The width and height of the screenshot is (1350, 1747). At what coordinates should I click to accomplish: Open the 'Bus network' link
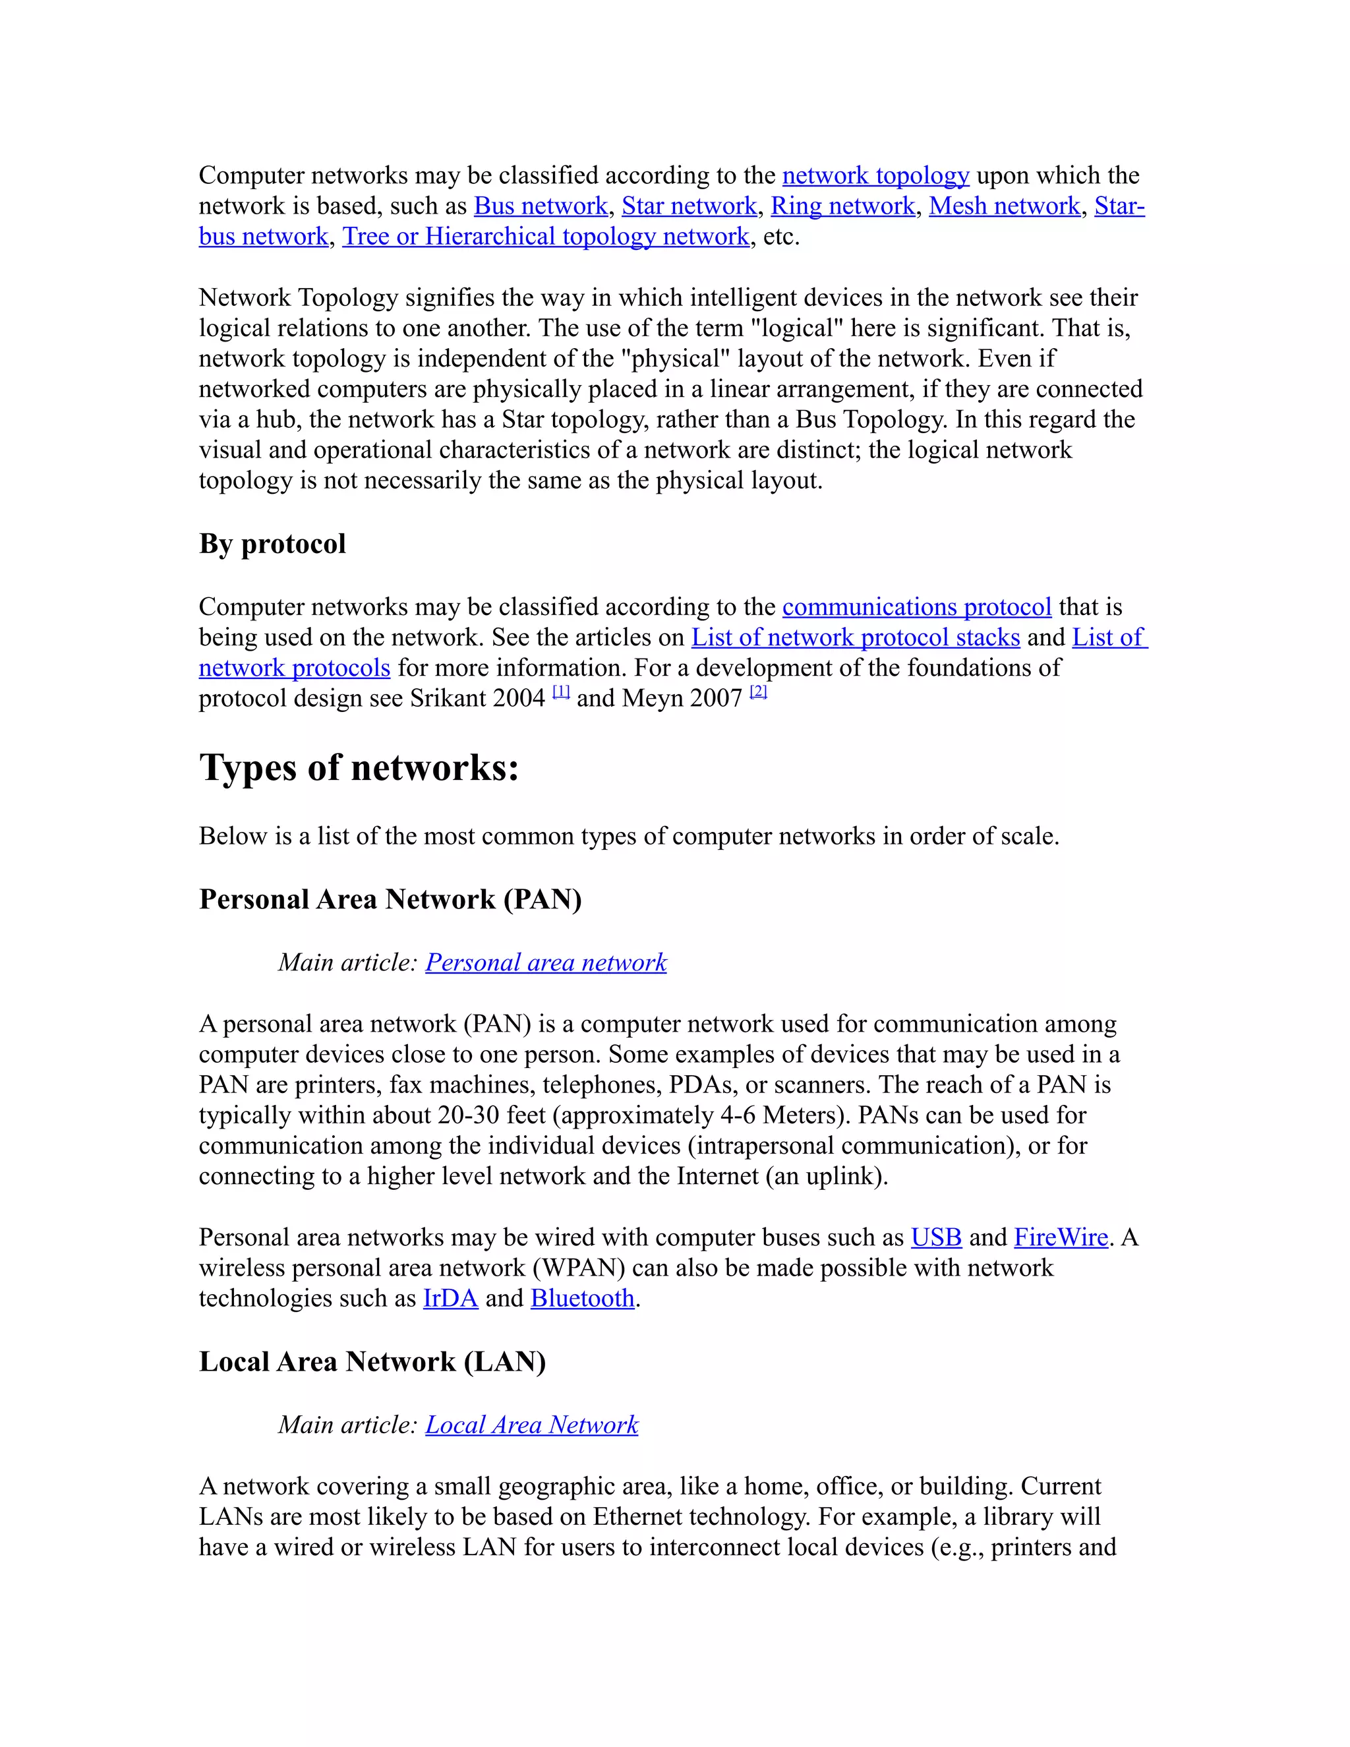coord(541,206)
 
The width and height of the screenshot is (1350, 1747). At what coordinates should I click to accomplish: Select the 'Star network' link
coord(689,206)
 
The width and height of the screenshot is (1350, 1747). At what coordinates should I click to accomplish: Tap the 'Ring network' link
coord(842,206)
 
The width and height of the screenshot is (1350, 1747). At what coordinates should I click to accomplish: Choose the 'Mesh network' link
coord(1004,206)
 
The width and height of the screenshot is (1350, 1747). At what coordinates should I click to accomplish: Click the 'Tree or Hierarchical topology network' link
coord(545,237)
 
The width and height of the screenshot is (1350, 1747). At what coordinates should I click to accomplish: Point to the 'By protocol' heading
coord(272,544)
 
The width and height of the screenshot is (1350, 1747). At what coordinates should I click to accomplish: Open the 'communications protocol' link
coord(916,607)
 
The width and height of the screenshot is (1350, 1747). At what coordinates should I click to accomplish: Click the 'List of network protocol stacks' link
coord(855,637)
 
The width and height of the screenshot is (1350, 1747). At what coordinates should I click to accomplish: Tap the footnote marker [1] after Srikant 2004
coord(561,693)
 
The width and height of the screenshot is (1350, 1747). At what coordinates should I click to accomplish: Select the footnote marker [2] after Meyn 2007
coord(758,693)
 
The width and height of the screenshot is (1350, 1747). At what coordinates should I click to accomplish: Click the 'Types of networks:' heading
coord(359,768)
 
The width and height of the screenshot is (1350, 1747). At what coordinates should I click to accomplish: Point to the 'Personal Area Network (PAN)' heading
coord(390,900)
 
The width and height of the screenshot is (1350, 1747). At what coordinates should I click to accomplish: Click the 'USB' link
coord(936,1237)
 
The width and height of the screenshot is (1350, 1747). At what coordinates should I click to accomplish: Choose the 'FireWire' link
coord(1061,1237)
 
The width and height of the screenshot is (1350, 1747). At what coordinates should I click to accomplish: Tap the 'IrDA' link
coord(450,1298)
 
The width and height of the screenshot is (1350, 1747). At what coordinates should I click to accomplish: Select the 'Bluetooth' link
coord(582,1298)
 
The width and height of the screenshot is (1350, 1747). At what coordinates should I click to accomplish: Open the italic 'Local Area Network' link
coord(531,1425)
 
